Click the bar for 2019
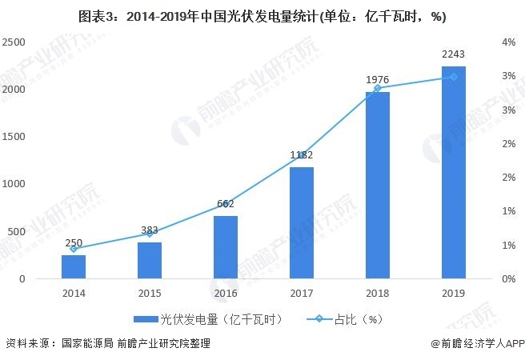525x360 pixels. (453, 173)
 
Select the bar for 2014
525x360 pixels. (74, 267)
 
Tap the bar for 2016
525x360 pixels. (226, 247)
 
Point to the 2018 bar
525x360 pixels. (377, 186)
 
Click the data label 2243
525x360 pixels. (453, 55)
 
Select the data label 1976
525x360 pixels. (377, 80)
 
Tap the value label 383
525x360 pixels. (150, 230)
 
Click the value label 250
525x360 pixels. (74, 242)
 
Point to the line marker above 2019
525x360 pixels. (453, 77)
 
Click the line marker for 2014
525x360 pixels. (74, 249)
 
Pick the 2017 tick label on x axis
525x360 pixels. (301, 293)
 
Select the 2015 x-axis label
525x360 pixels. (150, 293)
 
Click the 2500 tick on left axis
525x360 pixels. (14, 42)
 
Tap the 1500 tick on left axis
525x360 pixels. (14, 137)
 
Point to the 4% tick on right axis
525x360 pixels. (508, 42)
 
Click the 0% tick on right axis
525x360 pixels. (508, 279)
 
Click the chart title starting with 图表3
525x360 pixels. (262, 15)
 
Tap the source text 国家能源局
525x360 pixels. (86, 344)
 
